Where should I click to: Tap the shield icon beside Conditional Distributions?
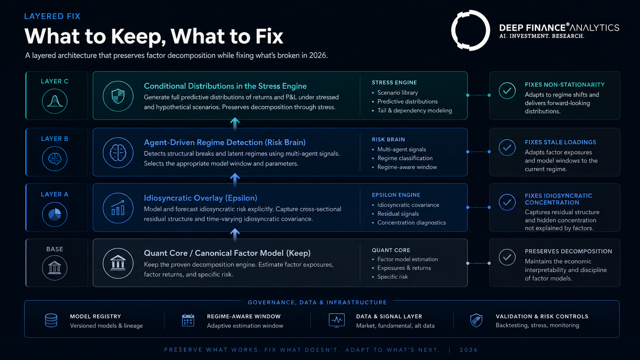pos(118,96)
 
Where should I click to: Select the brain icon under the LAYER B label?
pos(55,158)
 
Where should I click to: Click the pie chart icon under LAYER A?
pos(55,214)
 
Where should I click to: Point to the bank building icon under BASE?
pos(55,267)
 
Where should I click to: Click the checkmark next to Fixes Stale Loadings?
pos(507,147)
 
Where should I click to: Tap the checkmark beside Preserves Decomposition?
pos(507,257)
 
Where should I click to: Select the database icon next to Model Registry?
pos(51,320)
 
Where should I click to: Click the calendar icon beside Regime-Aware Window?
pos(188,320)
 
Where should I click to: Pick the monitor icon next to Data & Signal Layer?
pos(336,320)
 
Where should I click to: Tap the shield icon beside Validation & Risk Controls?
pos(476,320)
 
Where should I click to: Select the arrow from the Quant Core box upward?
pos(235,235)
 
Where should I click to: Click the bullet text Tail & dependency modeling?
pos(415,111)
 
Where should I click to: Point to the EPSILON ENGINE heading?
pos(396,195)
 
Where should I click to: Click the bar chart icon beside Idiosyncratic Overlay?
pos(118,208)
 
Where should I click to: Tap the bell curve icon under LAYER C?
pos(55,101)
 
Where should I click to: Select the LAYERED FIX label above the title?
pos(52,16)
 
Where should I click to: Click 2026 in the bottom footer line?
pos(469,350)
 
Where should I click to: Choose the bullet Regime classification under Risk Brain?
pos(405,158)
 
